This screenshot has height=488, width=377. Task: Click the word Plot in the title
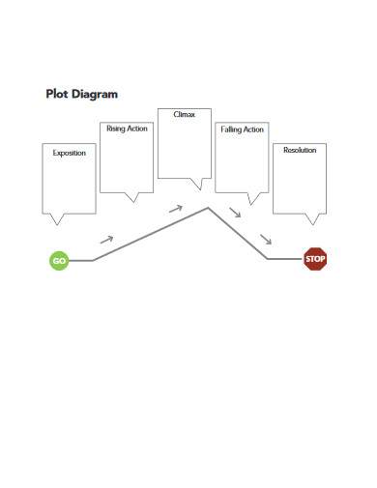pos(56,95)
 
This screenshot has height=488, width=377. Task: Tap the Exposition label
pos(69,153)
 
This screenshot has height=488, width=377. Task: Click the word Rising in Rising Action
pos(115,129)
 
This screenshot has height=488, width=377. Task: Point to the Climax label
pos(184,114)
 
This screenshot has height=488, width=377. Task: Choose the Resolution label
pos(300,150)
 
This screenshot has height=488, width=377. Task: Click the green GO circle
pos(59,260)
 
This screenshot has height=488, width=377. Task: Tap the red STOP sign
pos(315,258)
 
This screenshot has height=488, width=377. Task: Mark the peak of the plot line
pos(208,207)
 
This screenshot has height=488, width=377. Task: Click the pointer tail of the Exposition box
pos(62,218)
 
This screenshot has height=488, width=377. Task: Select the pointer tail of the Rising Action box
pos(133,198)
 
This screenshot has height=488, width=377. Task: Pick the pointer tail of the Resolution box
pos(310,218)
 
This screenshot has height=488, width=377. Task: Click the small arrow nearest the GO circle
pos(106,238)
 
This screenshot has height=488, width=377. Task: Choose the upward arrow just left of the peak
pos(175,208)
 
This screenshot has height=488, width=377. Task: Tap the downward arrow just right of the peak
pos(235,212)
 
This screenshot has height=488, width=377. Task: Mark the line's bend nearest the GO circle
pos(93,260)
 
